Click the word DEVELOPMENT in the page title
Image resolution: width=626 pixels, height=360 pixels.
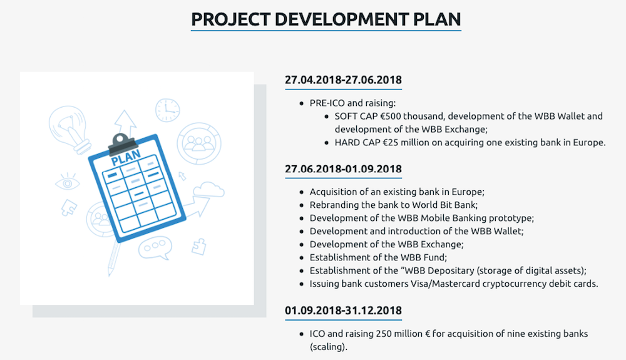pos(342,19)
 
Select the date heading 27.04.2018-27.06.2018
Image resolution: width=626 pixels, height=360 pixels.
pos(343,80)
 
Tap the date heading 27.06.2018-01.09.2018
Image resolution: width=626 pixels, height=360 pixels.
pos(343,169)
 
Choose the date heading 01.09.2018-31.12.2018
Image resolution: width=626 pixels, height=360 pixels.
pos(343,311)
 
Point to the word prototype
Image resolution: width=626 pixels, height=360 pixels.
pos(511,219)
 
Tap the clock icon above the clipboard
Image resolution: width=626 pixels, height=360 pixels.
pos(167,110)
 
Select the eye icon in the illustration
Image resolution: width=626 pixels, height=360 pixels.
pos(67,182)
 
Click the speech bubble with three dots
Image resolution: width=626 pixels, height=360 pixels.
pos(155,248)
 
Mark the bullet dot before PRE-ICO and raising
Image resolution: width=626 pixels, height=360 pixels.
pos(302,104)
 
